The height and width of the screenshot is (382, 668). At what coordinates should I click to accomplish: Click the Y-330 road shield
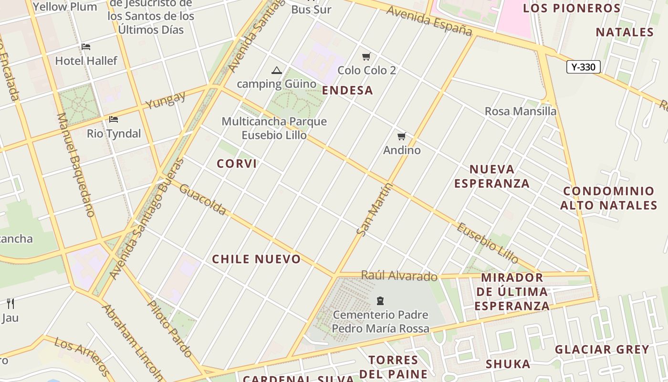pos(583,67)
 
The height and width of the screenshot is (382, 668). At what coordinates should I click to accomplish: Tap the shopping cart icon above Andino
pos(402,137)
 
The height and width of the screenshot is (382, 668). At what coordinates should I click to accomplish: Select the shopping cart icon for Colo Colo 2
pos(366,57)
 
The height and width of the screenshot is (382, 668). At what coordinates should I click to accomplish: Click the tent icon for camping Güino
pos(276,71)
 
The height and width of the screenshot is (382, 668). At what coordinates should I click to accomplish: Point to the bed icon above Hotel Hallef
pos(86,47)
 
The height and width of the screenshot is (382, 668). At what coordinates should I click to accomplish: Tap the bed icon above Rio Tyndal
pos(114,119)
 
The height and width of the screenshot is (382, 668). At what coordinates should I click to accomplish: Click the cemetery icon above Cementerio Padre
pos(380,301)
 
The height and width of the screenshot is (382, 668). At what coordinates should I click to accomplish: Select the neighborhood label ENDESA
pos(347,91)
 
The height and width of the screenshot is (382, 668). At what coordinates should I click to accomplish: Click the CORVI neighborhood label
pos(237,164)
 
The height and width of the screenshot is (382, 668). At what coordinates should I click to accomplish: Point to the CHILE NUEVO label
pos(256,259)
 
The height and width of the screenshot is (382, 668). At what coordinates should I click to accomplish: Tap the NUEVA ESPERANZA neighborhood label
pos(492,176)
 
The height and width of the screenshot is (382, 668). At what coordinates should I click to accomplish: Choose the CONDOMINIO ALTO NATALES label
pos(609,198)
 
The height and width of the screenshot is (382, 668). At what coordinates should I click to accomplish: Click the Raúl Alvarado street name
pos(399,276)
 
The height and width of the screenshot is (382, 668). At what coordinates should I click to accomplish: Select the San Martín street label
pos(375,209)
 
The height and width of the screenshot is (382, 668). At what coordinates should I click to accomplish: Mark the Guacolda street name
pos(203,199)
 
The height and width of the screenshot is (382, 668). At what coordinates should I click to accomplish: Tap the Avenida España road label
pos(429,21)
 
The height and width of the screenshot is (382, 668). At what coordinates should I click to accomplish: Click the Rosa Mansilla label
pos(521,111)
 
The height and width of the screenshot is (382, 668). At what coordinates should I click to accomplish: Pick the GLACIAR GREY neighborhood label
pos(602,350)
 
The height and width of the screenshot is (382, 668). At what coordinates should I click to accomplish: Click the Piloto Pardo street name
pos(170,329)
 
